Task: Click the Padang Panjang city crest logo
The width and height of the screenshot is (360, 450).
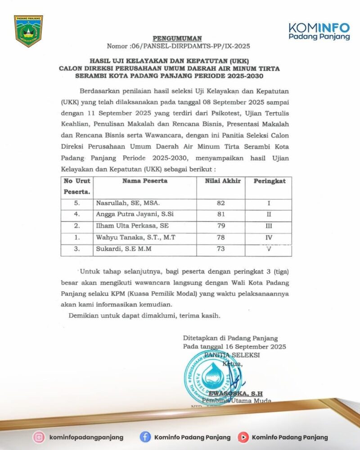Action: pos(29,31)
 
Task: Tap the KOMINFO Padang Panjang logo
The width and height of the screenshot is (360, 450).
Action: pos(319,31)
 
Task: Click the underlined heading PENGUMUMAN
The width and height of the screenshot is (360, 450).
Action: pos(177,38)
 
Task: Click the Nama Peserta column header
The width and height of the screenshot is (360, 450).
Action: pos(145,181)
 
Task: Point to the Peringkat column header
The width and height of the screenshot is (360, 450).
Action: pos(269,181)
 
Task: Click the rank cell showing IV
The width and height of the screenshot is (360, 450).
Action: pos(269,237)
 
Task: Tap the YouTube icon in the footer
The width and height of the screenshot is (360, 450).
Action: pos(243,437)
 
